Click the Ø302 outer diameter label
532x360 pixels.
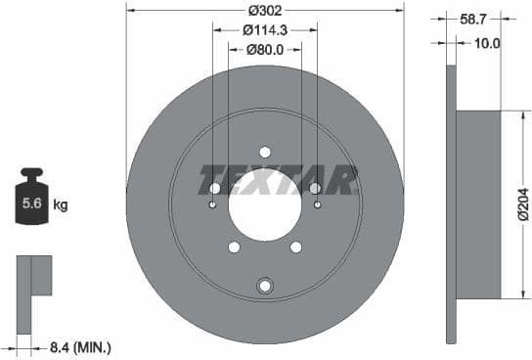tap(265, 10)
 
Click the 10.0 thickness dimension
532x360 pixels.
tap(486, 43)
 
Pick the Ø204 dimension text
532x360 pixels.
tap(522, 204)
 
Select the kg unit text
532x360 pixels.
tap(61, 205)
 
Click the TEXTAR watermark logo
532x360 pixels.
tap(278, 180)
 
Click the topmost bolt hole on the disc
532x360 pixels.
tap(265, 152)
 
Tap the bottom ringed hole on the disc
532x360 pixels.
tap(264, 286)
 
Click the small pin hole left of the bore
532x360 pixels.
tap(213, 204)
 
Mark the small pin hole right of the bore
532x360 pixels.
tap(318, 204)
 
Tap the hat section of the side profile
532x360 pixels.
tap(478, 204)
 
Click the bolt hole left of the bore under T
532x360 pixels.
tap(215, 188)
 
